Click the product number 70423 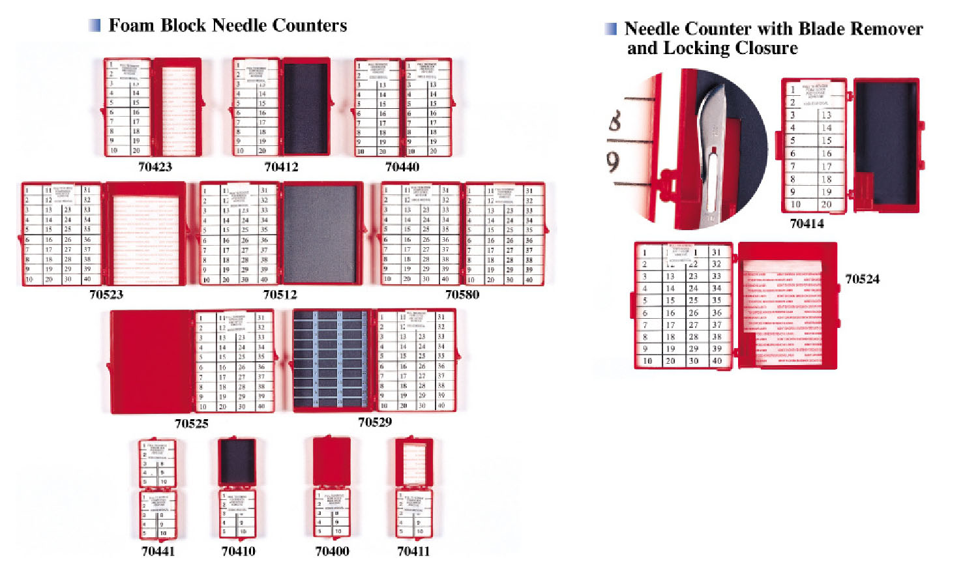155,167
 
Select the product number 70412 281,167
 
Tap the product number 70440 402,167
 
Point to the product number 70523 106,295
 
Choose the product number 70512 280,295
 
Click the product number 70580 462,295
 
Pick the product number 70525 191,424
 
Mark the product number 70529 374,422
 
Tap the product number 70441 158,551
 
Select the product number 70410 238,551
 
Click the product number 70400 332,551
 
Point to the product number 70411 413,551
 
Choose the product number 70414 807,224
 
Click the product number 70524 862,279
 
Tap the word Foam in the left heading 132,25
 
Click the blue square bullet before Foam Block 95,25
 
